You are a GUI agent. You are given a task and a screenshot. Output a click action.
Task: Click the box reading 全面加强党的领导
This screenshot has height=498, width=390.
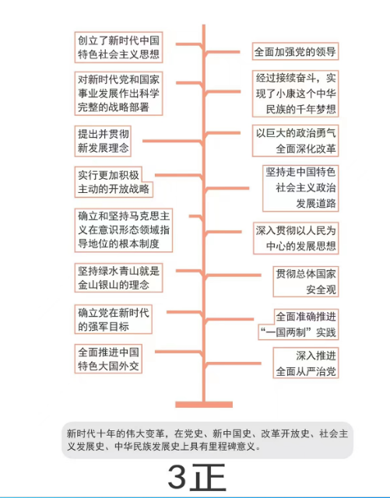[295, 51]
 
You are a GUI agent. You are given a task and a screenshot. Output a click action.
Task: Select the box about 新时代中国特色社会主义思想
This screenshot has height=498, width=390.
[118, 47]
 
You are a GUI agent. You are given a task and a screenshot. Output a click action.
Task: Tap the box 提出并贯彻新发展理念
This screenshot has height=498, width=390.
[103, 141]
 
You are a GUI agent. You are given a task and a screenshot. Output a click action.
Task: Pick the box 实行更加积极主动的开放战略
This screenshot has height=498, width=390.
[114, 182]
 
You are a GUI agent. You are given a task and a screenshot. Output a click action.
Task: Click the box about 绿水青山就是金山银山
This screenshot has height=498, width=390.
[118, 278]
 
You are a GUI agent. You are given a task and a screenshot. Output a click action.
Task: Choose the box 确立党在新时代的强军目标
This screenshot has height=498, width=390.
[113, 319]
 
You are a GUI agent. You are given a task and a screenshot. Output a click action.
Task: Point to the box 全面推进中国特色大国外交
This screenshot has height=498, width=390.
[108, 359]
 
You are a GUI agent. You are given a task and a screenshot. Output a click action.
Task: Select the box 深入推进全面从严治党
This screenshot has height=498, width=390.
[306, 363]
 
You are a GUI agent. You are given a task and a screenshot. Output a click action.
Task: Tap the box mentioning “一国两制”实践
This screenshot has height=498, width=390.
[298, 324]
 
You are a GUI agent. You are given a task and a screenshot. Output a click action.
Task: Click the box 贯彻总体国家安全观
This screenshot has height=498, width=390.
[306, 282]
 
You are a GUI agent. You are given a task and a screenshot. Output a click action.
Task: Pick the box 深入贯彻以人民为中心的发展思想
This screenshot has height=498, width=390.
[296, 238]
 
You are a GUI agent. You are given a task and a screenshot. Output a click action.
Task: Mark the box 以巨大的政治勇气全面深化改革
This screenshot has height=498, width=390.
[295, 141]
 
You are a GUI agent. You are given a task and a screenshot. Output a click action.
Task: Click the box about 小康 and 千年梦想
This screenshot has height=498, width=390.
[295, 93]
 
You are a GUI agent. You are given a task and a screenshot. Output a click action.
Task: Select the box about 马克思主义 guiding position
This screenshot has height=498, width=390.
[124, 230]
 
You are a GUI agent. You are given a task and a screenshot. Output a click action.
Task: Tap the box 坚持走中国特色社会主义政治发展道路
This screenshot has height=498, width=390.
[300, 188]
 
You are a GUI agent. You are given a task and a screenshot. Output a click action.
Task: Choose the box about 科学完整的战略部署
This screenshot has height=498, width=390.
[118, 93]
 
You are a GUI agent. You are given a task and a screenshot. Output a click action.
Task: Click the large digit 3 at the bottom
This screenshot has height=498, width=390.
[177, 477]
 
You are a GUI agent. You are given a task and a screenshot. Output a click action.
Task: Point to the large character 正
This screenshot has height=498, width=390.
[209, 477]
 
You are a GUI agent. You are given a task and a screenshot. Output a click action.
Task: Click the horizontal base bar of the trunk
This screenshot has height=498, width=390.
[204, 405]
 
